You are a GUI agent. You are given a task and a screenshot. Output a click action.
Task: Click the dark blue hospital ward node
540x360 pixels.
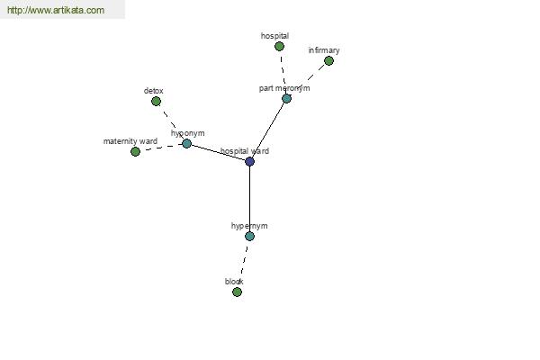[249, 161]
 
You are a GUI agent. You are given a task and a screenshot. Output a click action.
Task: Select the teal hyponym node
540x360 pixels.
[186, 143]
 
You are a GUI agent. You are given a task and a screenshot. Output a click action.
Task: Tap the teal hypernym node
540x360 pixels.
[249, 236]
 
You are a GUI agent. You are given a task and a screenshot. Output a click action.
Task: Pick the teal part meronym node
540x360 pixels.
[286, 98]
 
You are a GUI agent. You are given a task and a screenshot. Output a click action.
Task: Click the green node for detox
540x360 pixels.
[156, 102]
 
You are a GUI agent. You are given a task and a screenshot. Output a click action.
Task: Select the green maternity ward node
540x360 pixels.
[135, 151]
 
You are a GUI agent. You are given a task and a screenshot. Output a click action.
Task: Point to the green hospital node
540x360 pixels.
[279, 46]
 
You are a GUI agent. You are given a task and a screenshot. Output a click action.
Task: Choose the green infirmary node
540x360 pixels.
[328, 61]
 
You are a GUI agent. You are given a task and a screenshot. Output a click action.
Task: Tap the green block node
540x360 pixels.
[237, 292]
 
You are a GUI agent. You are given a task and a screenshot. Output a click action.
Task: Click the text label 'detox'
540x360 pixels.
[154, 91]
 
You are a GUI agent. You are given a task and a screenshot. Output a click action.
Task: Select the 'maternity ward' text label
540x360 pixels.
[130, 141]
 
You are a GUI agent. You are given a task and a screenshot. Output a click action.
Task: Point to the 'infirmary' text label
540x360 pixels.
[324, 50]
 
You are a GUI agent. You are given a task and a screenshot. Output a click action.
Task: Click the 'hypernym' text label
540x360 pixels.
[249, 226]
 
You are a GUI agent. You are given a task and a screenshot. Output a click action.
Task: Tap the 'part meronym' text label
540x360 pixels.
[284, 88]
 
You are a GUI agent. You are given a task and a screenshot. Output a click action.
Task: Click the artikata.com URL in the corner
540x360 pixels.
[56, 10]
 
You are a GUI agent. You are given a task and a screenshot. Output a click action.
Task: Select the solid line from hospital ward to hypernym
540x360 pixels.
[249, 199]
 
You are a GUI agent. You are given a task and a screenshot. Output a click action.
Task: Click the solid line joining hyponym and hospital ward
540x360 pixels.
[218, 152]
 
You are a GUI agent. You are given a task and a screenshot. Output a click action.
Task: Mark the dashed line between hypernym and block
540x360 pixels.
[243, 265]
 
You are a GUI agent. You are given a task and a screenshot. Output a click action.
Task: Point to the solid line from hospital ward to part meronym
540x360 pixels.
[268, 130]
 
